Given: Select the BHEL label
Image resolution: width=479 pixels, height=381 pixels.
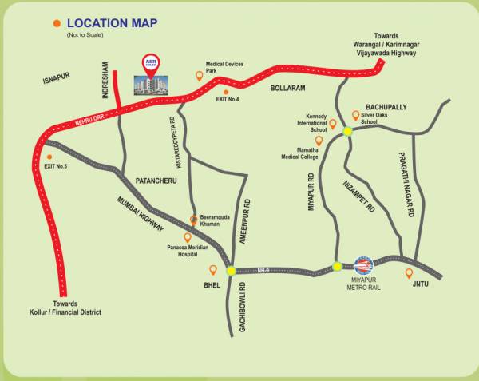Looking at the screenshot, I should pos(212,284).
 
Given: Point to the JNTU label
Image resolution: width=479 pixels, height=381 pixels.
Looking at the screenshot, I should pos(422,283).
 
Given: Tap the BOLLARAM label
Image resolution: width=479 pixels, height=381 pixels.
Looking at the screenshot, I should pos(288,88).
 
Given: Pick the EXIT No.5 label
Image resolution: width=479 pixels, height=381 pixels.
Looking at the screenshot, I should pos(55,165).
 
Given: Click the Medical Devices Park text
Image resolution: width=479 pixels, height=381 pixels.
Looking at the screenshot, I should pos(224,68).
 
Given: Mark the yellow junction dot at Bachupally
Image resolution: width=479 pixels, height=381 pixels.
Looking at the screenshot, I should pos(348,132).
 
